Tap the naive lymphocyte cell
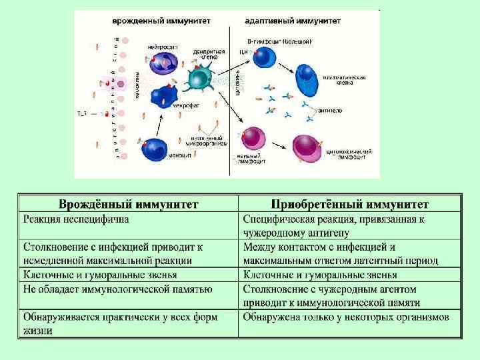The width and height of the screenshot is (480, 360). point(253,138)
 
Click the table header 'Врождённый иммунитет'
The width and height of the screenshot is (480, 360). point(129,203)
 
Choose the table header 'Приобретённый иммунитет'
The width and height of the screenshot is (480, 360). point(350,203)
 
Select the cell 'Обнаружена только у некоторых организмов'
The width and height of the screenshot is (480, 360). point(346,317)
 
